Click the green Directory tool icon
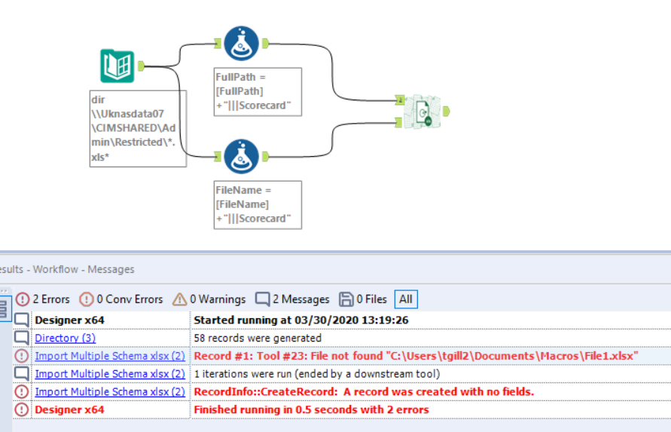point(117,66)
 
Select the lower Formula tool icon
point(241,156)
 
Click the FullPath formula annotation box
point(258,91)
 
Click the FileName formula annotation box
point(258,204)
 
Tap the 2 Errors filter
point(44,299)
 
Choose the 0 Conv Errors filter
point(121,299)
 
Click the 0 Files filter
point(363,299)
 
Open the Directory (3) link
point(65,338)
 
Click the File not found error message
point(415,356)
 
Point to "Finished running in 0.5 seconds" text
point(311,409)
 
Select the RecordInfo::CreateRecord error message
point(364,392)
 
